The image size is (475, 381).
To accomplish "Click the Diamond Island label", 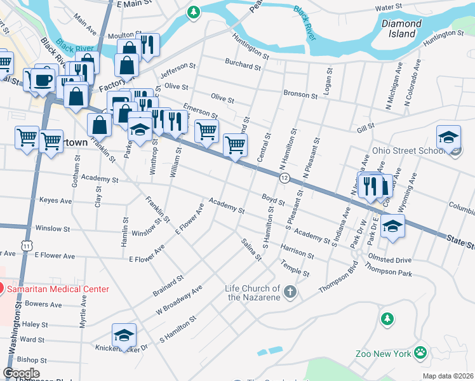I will [x=401, y=29].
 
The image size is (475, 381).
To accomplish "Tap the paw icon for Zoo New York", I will [x=420, y=352].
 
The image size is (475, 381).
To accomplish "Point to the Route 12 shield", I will [x=285, y=178].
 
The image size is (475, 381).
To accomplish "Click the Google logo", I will [x=22, y=373].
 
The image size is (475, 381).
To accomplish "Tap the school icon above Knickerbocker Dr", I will [x=124, y=334].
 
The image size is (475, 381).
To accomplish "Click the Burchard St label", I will [x=243, y=64].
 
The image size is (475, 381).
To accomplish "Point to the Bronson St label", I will [x=300, y=95].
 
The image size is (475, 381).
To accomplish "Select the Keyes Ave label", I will [x=56, y=200].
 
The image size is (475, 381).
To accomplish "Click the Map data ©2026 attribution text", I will [x=448, y=376].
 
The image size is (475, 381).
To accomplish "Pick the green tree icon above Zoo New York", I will [x=386, y=318].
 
